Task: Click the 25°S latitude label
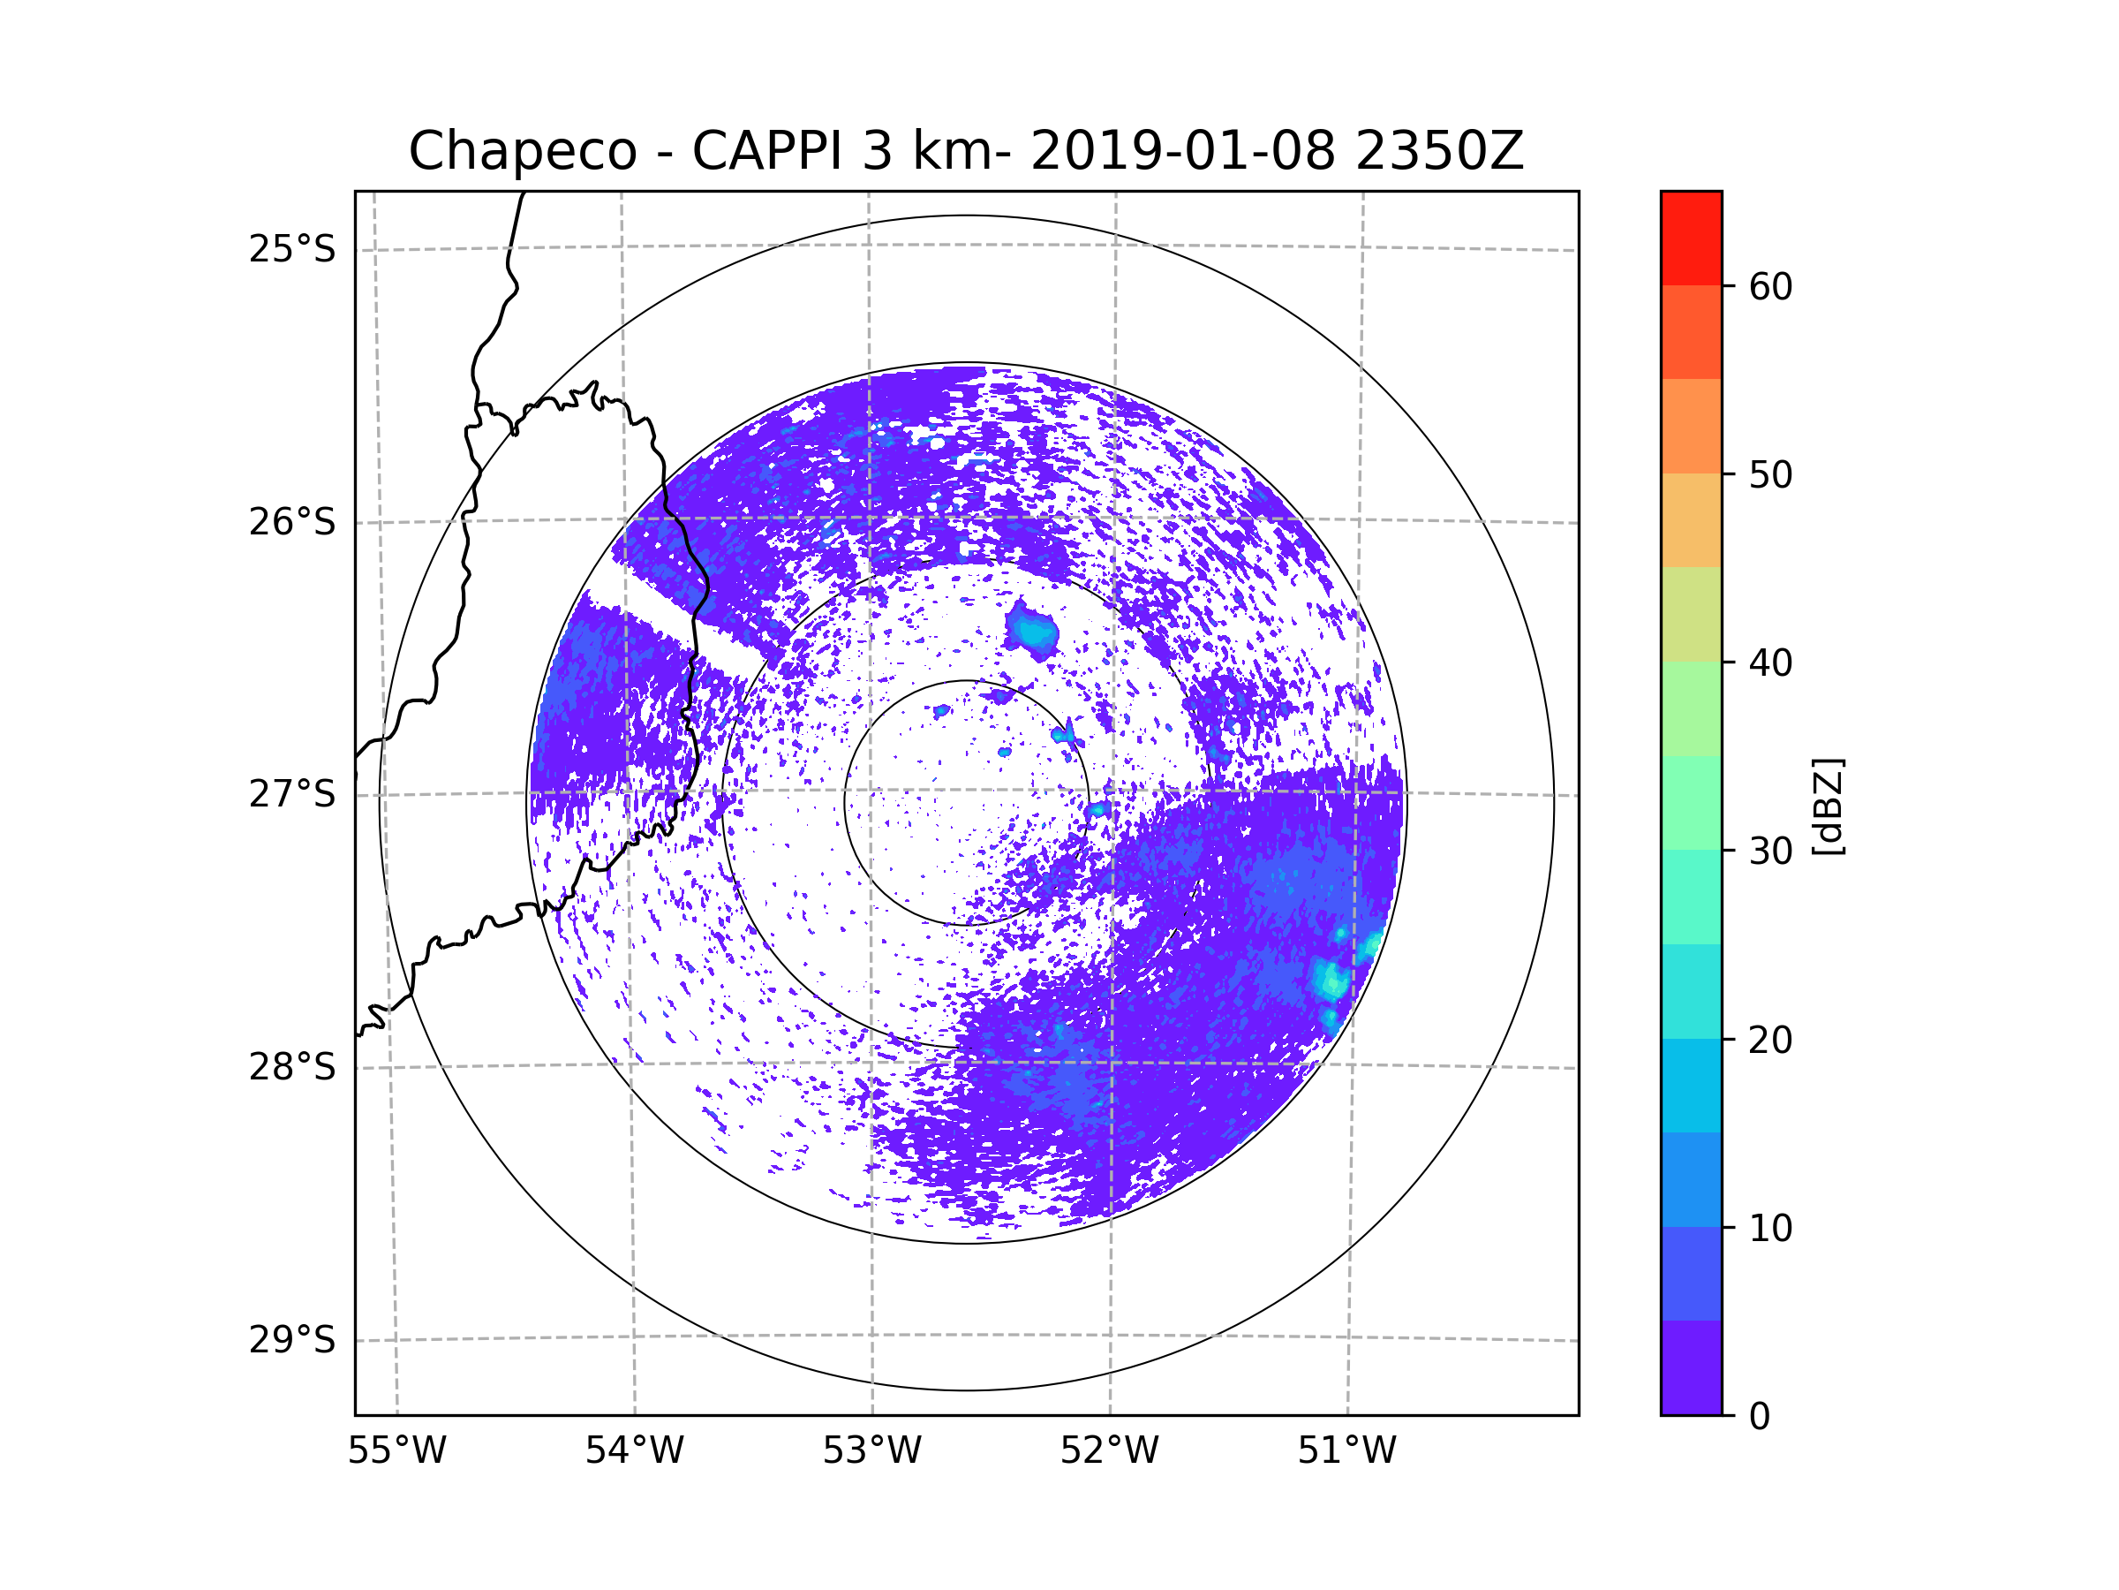click(x=292, y=249)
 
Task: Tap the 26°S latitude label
click(x=292, y=522)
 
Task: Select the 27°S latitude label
click(x=292, y=794)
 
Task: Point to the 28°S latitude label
click(x=292, y=1067)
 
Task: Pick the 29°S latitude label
click(x=292, y=1340)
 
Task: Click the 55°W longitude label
click(x=396, y=1451)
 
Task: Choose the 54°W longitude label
click(x=634, y=1451)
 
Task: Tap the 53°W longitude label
click(x=871, y=1451)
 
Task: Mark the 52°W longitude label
click(x=1109, y=1451)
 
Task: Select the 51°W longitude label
click(x=1346, y=1451)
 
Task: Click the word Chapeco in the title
click(x=522, y=151)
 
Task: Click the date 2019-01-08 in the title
click(x=1182, y=151)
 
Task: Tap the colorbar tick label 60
click(x=1770, y=286)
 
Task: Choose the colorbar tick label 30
click(x=1770, y=851)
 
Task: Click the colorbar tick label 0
click(x=1760, y=1417)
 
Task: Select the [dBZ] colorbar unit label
click(x=1828, y=806)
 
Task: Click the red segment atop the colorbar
click(x=1691, y=238)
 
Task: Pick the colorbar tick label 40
click(x=1770, y=662)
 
